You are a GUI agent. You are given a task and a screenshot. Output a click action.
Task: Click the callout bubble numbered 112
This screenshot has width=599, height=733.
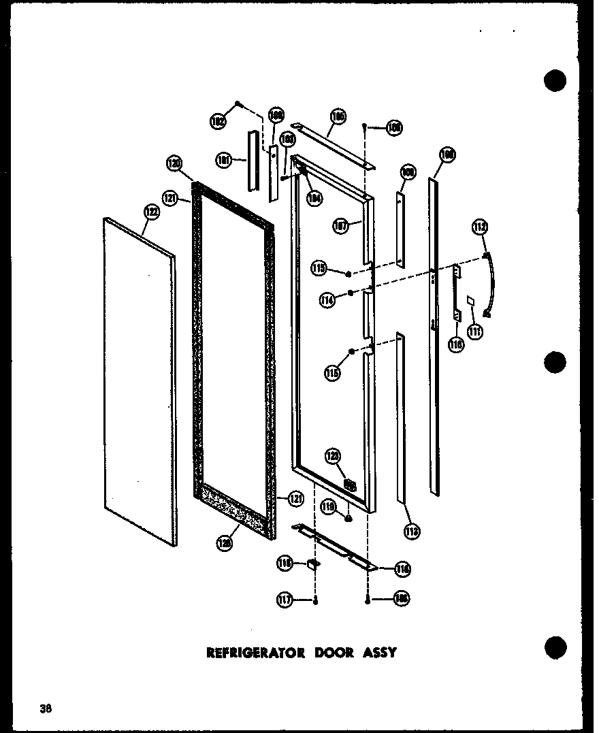click(x=481, y=227)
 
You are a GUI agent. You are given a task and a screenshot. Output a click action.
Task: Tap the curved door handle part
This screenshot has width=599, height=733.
click(x=490, y=286)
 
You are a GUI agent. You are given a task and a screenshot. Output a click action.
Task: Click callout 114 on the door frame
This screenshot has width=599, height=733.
click(x=329, y=299)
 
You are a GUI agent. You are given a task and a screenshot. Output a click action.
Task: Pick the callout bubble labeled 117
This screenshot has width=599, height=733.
click(x=285, y=600)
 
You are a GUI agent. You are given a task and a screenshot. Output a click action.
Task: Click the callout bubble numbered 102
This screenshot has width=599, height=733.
click(x=218, y=122)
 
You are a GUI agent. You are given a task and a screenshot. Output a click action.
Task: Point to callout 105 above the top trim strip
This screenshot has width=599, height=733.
click(x=337, y=117)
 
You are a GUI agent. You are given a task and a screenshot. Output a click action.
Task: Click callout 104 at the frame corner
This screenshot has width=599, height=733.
click(x=314, y=199)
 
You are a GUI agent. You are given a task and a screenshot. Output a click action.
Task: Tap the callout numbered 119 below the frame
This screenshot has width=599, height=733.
click(x=329, y=506)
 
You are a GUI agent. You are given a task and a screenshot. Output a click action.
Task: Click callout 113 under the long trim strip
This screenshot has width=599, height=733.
click(x=412, y=532)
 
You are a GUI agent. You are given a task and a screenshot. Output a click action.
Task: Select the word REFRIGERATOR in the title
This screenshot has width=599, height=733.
click(x=256, y=653)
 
